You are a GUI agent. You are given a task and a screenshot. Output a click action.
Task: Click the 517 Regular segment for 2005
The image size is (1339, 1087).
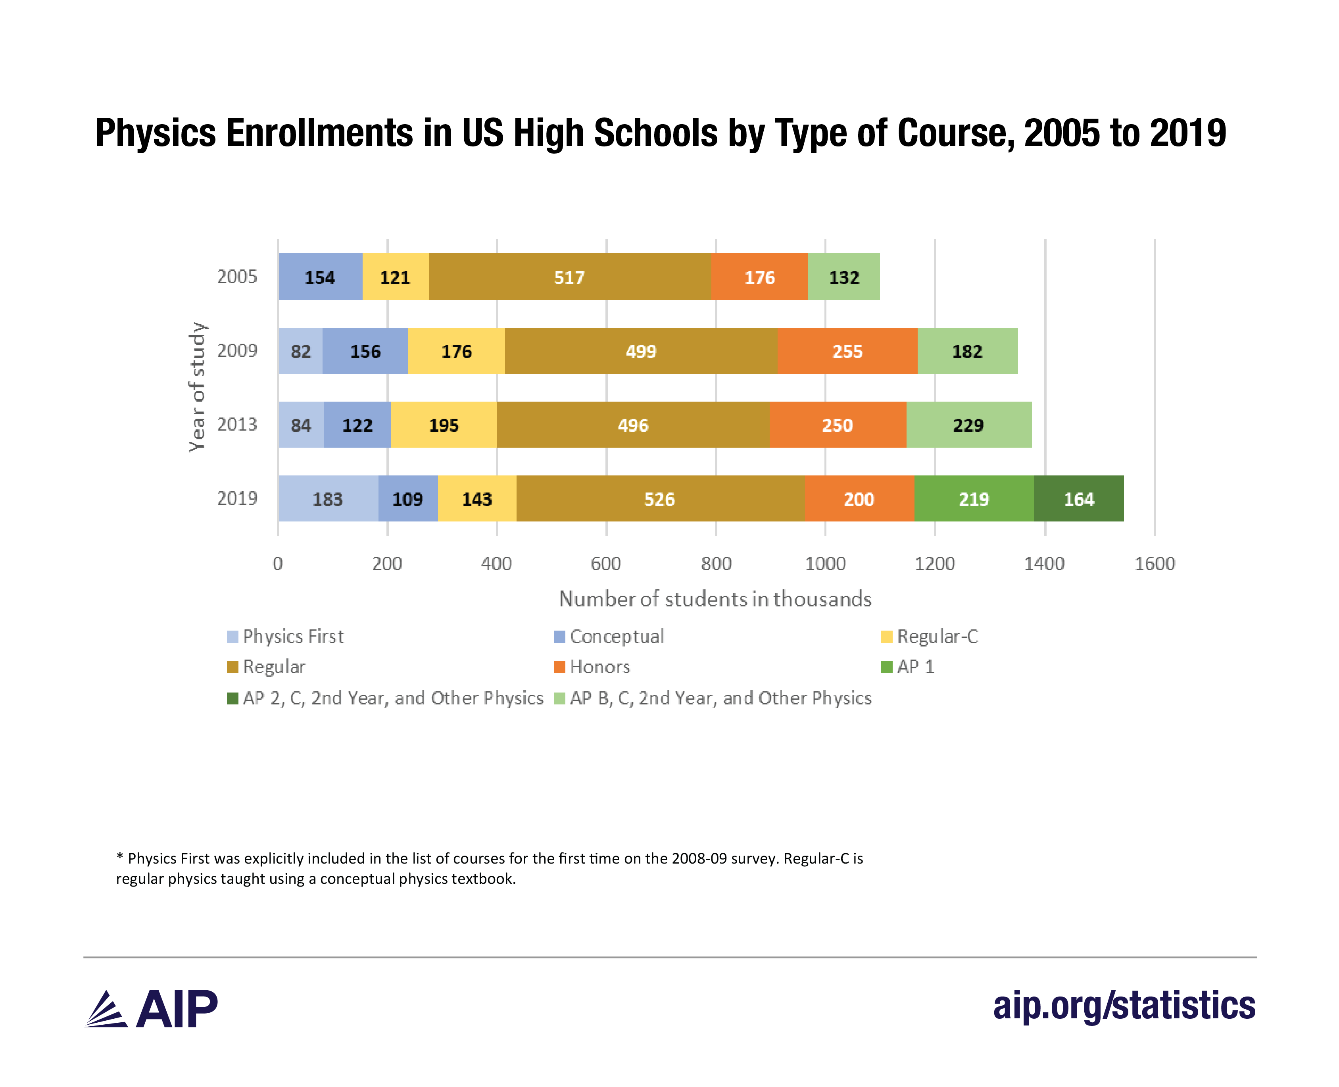(570, 276)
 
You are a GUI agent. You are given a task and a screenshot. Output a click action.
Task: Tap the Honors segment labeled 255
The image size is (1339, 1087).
(847, 351)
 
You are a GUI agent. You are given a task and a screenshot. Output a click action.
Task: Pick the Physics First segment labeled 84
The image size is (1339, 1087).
(301, 425)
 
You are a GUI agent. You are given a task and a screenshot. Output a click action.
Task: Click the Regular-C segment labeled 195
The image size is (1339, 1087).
(444, 425)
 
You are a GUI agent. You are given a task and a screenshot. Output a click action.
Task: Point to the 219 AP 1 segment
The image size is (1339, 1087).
(974, 498)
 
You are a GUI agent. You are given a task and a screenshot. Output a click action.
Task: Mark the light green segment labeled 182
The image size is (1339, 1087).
(967, 351)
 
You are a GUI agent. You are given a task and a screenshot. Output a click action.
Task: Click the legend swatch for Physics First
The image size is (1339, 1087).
(232, 637)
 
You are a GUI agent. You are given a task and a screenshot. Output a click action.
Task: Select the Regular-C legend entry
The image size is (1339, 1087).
(929, 637)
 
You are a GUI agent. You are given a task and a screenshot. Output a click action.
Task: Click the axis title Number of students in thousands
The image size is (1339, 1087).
(715, 599)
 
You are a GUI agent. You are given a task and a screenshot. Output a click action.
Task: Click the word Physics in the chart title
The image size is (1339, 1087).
(155, 133)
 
